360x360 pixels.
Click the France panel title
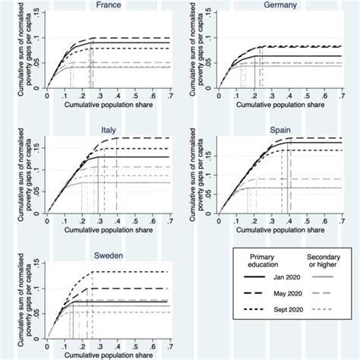(x=108, y=5)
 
